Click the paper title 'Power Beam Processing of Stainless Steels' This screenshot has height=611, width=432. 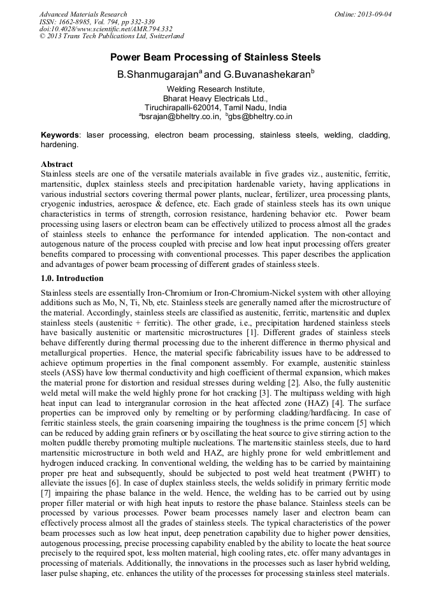click(215, 57)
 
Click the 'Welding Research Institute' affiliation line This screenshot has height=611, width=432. click(215, 89)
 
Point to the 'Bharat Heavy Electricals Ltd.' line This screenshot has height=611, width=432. click(215, 99)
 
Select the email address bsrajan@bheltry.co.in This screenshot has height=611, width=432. click(180, 117)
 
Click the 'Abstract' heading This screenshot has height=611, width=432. click(57, 164)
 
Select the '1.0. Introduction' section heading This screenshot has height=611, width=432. click(72, 278)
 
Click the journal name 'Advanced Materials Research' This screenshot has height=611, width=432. click(83, 14)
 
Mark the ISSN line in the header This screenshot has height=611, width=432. click(96, 22)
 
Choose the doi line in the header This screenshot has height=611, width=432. click(106, 29)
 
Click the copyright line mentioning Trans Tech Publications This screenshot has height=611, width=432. click(112, 36)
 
